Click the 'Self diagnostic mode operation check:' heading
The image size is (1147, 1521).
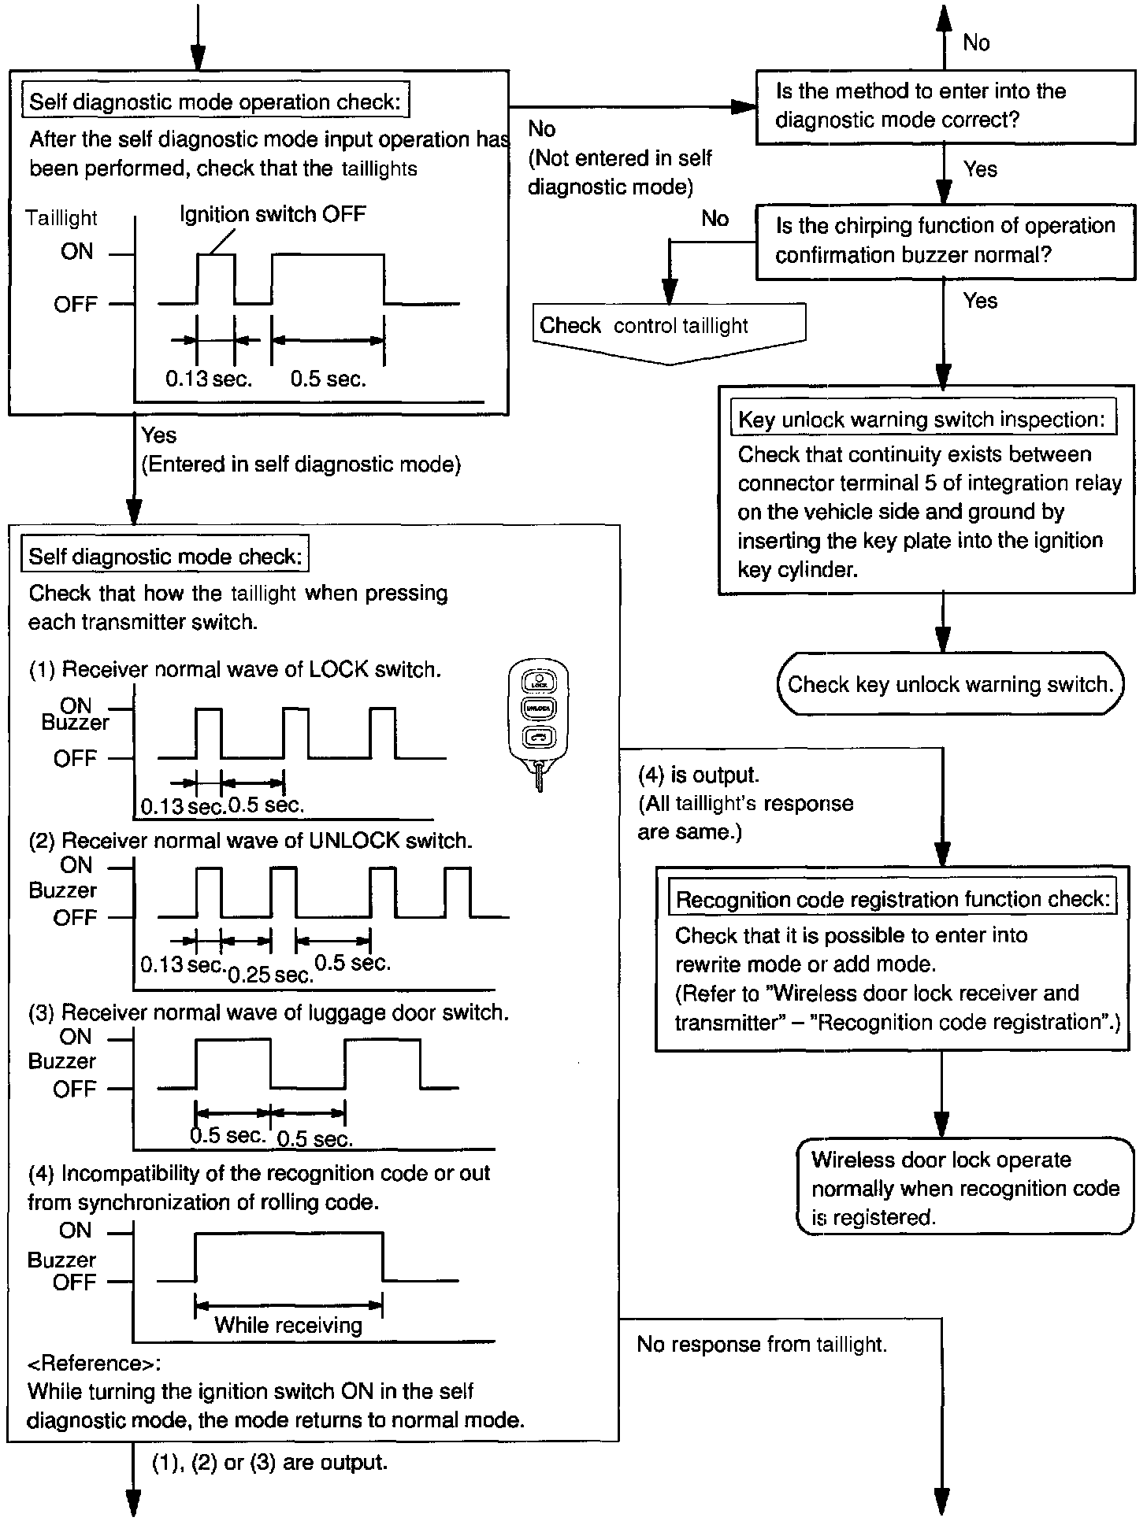coord(215,102)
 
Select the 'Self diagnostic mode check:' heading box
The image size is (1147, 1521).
coord(165,557)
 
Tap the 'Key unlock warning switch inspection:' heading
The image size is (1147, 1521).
coord(922,420)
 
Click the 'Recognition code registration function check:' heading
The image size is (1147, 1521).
coord(893,899)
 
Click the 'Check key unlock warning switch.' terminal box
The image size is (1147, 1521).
coord(949,684)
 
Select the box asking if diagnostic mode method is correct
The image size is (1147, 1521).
coord(945,106)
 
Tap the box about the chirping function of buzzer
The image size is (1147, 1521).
coord(945,241)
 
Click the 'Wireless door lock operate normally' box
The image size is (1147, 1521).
coord(964,1188)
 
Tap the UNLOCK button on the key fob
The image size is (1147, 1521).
coord(539,708)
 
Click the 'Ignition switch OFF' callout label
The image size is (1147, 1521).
coord(273,214)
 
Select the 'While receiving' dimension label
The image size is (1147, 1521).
coord(288,1325)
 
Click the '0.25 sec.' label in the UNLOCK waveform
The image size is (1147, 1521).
coord(270,975)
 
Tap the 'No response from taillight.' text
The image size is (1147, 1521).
coord(762,1345)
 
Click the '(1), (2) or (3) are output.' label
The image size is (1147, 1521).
coord(269,1463)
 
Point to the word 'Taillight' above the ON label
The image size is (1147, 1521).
coord(61,218)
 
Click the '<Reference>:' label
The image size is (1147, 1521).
coord(94,1363)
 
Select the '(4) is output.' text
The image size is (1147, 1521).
coord(699,775)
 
